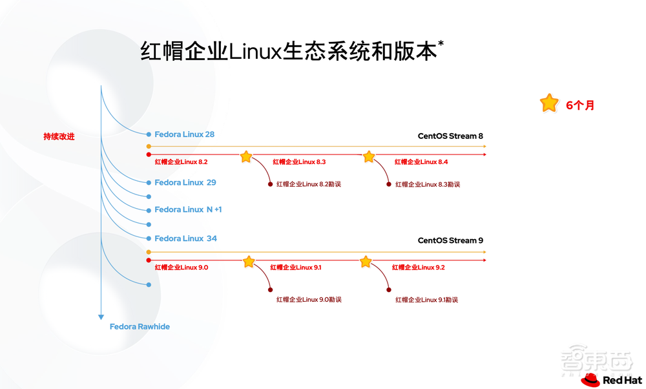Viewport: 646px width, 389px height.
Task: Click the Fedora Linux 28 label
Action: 184,134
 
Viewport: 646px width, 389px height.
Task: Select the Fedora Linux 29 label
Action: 185,183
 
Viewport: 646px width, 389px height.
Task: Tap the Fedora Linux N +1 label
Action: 188,210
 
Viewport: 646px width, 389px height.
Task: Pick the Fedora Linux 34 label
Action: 185,238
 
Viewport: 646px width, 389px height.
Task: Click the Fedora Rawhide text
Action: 140,327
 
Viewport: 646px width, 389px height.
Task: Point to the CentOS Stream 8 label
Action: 450,136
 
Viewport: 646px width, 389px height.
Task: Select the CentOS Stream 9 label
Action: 450,240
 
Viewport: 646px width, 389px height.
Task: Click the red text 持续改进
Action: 59,136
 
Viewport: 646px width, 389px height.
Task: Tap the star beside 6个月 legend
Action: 548,103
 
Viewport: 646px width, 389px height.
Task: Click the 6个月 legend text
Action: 579,105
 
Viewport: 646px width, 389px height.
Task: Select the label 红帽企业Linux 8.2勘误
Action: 308,185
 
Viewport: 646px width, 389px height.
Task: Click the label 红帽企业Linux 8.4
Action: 421,162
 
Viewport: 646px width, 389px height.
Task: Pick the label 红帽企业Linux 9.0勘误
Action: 309,300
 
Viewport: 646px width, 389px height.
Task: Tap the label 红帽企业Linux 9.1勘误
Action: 427,300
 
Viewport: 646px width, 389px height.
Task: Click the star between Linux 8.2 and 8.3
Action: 246,157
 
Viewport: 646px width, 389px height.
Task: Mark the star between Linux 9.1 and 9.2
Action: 366,262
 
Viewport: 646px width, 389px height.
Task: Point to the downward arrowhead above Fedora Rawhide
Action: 101,317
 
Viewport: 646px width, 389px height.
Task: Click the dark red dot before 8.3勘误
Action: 389,184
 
